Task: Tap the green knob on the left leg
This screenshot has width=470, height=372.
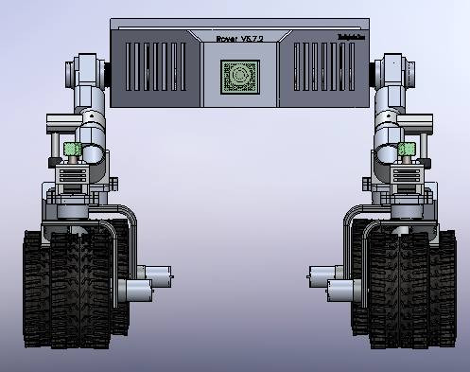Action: (x=72, y=149)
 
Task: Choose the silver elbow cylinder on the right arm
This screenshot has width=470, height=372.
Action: (x=385, y=142)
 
